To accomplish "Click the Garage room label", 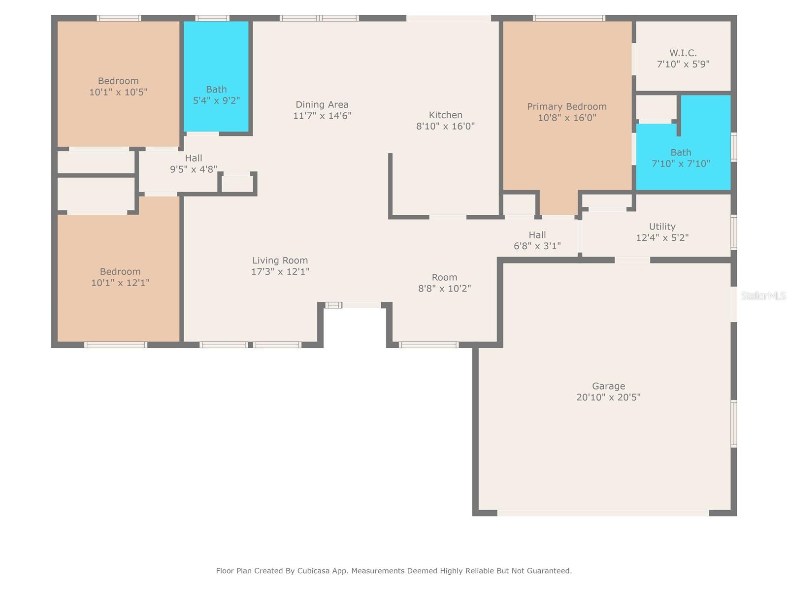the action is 608,386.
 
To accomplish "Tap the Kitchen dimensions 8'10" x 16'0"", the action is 445,126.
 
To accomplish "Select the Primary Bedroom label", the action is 566,106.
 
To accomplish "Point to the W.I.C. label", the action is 683,53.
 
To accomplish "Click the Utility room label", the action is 662,227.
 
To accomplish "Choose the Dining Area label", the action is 322,104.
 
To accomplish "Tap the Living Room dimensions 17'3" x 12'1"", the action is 280,271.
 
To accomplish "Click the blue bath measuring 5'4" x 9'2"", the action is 216,76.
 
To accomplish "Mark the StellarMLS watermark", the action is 763,295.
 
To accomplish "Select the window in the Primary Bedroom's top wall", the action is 569,18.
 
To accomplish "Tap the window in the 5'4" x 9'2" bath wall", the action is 212,18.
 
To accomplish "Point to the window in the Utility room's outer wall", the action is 734,232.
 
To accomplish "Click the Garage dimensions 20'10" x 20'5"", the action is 608,397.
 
